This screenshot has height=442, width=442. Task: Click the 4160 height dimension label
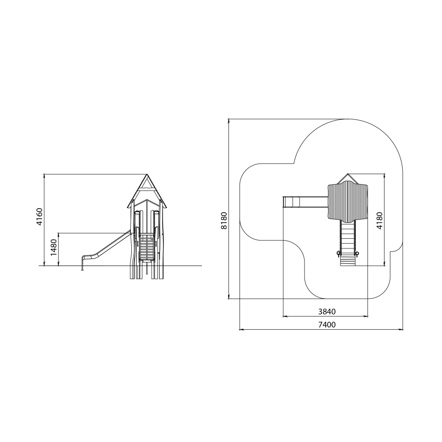coord(39,217)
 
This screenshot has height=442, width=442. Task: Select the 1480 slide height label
coord(53,247)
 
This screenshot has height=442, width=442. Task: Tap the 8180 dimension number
coord(224,221)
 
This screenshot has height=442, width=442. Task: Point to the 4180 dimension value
coord(379,221)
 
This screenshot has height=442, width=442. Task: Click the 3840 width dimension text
coord(327,312)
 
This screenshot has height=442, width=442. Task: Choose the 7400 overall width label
coord(327,325)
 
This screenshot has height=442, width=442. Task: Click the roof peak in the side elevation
coord(147,175)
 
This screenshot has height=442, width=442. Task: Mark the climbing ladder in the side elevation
coord(147,247)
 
